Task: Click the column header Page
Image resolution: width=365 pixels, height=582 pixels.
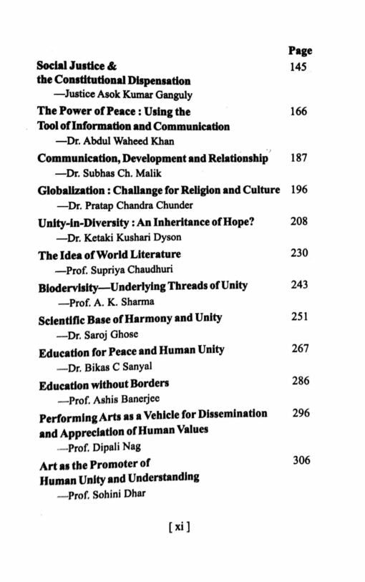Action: pyautogui.click(x=300, y=51)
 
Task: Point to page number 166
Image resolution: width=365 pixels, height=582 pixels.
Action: pyautogui.click(x=299, y=112)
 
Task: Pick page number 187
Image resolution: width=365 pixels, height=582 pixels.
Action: pyautogui.click(x=299, y=157)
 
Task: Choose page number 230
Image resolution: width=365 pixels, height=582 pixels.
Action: pyautogui.click(x=299, y=253)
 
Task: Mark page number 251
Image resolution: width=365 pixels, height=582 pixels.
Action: pyautogui.click(x=299, y=316)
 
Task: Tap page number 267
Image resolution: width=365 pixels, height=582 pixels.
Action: pyautogui.click(x=300, y=349)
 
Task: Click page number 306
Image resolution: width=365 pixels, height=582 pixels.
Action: pyautogui.click(x=301, y=460)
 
